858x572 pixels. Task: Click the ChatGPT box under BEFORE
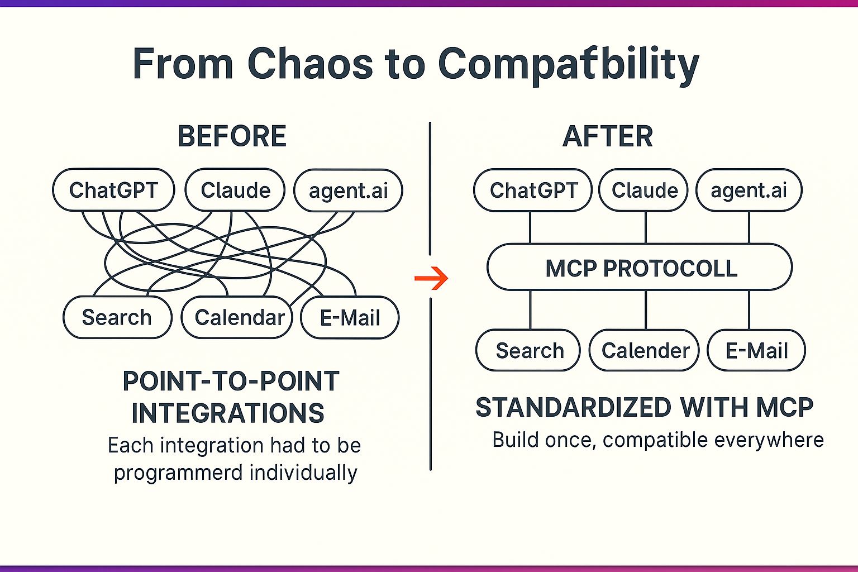[x=113, y=190]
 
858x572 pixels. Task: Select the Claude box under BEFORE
[x=235, y=190]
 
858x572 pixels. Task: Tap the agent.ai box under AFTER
[x=749, y=190]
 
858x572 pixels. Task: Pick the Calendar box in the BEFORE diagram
[x=238, y=317]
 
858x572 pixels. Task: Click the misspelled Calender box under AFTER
[x=644, y=351]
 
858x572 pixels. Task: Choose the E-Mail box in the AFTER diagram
[x=756, y=351]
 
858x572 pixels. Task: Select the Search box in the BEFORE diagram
[x=117, y=317]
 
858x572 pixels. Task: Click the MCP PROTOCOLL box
[x=640, y=268]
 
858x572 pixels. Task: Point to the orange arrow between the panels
[x=432, y=278]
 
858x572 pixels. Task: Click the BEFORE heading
[x=232, y=136]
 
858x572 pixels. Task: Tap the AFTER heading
[x=608, y=136]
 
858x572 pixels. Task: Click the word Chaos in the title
[x=310, y=63]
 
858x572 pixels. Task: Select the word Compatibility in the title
[x=568, y=63]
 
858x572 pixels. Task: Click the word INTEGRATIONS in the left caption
[x=228, y=413]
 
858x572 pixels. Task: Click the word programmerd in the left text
[x=179, y=473]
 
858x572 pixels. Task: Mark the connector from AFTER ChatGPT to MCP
[x=530, y=228]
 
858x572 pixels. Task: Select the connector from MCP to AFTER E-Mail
[x=749, y=310]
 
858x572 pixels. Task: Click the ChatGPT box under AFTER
[x=533, y=190]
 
